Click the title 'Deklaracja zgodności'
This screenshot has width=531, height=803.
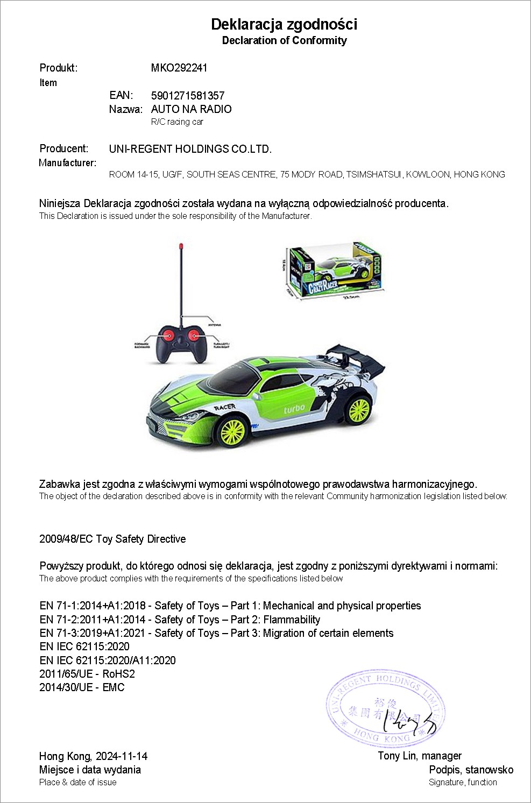click(284, 24)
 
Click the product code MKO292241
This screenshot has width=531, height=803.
click(179, 68)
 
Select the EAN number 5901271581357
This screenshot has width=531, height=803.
click(188, 96)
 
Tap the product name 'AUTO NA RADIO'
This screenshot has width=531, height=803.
click(191, 109)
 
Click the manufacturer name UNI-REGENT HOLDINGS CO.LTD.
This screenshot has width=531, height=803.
click(190, 149)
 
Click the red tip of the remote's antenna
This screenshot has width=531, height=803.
click(181, 248)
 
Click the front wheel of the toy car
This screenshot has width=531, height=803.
click(233, 432)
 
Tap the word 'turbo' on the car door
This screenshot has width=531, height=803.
click(294, 409)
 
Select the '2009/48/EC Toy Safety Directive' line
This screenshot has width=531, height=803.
click(112, 539)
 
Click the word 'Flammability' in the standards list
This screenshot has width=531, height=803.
click(292, 620)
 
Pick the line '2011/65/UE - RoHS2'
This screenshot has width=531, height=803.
click(87, 674)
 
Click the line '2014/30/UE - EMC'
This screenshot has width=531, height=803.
click(82, 687)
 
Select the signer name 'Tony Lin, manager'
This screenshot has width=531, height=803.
click(420, 756)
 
